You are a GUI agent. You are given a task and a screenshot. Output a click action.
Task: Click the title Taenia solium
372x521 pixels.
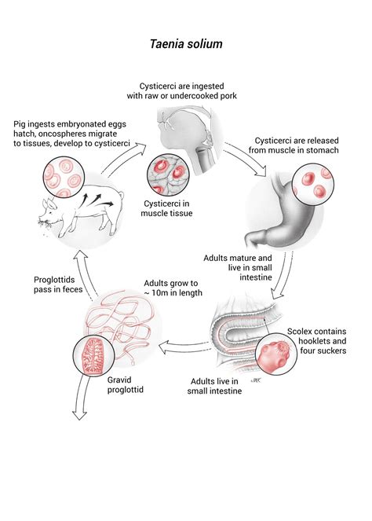(186, 44)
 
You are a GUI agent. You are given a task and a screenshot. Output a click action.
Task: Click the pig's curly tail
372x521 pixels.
(121, 195)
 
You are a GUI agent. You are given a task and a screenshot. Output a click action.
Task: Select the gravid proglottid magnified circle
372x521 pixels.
(93, 355)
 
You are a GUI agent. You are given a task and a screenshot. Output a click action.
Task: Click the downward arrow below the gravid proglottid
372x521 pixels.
(80, 398)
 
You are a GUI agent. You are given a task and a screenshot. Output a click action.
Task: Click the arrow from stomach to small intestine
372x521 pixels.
(282, 275)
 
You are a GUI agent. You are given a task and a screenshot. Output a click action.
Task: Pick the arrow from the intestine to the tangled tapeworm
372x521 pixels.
(185, 347)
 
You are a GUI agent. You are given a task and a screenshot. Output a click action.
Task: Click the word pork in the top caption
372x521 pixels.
(228, 96)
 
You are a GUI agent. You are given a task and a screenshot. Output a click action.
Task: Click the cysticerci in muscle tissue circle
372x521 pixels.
(168, 174)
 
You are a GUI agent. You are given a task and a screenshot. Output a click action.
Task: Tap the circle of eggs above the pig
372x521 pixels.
(64, 177)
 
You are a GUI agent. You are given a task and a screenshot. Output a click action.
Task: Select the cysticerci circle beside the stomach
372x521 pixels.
(313, 184)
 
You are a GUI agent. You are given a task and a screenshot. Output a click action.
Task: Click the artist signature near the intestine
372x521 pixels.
(256, 380)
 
